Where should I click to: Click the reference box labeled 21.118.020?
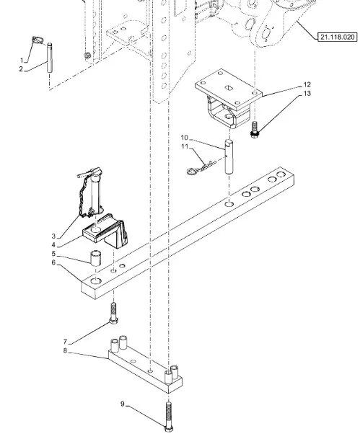338,37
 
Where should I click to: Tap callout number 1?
22,61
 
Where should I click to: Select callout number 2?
21,69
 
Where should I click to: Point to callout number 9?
123,404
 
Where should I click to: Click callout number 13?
307,93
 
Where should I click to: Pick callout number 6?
53,262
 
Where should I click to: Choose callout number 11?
185,146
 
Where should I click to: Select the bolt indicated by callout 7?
113,314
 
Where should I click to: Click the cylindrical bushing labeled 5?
96,258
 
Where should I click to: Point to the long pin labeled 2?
50,58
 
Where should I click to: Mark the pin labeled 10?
229,157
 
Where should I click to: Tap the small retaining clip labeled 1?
38,40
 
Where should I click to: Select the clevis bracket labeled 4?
106,231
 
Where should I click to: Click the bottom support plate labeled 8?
145,363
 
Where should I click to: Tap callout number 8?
65,351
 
